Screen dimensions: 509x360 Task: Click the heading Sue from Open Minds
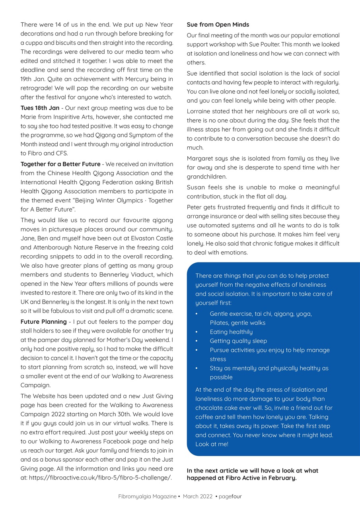pos(218,25)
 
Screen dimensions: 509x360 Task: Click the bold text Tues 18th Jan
pos(40,108)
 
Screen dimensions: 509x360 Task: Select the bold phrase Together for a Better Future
pos(60,164)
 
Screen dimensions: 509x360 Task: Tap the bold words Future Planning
pos(43,321)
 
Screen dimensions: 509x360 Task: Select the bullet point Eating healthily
pos(231,332)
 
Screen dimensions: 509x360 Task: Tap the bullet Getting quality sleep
pos(238,341)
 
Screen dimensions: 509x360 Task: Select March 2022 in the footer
pos(198,496)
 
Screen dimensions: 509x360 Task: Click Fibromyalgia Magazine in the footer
pos(147,496)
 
